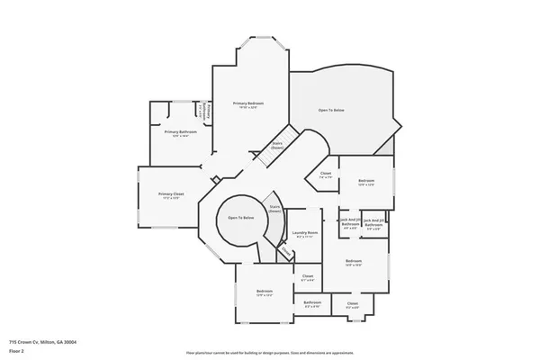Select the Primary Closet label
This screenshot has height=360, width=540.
171,194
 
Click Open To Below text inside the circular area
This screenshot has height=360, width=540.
240,218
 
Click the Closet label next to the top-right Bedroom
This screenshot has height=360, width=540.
325,175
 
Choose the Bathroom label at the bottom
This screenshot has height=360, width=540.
312,302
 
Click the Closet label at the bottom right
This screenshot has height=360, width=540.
352,304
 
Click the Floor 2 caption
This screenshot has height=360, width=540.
17,350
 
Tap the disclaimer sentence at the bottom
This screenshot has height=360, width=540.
270,353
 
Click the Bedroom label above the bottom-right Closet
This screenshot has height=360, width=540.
353,262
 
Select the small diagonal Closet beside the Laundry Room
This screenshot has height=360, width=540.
285,255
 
